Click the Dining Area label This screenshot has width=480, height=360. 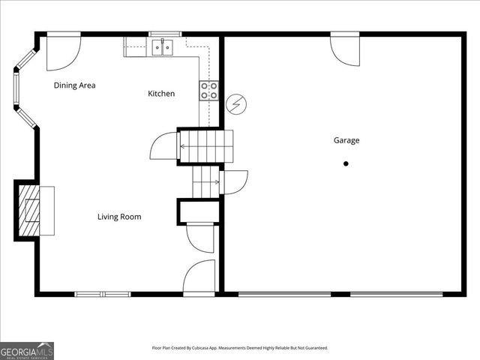pos(74,85)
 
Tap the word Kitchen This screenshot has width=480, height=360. pos(161,94)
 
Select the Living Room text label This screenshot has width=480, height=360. pos(119,217)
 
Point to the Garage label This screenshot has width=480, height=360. pos(346,140)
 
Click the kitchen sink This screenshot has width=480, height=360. pos(160,48)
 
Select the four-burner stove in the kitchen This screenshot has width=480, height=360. pos(209,91)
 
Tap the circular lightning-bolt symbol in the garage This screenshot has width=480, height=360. pos(236,104)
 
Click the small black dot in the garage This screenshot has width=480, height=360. pos(346,163)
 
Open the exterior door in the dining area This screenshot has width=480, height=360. pos(63,51)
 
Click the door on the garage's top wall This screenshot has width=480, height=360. pos(346,48)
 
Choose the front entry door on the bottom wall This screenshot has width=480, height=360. pos(199,277)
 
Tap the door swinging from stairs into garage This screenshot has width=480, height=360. pos(234,182)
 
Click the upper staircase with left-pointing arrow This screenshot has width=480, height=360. pos(205,146)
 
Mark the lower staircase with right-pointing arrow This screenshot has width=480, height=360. pos(205,181)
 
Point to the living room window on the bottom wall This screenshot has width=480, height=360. pos(101,293)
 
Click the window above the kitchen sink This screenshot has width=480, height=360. pos(164,34)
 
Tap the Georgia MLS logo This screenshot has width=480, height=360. pos(27,350)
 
